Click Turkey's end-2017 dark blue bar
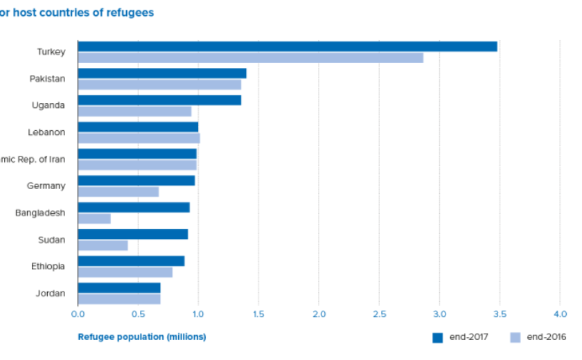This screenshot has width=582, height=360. point(287,46)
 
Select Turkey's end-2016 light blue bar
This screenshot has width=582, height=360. point(250,57)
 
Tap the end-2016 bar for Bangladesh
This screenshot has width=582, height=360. point(94,219)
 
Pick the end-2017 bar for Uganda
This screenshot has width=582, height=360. point(159,100)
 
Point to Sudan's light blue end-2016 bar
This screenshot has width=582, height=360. point(103,245)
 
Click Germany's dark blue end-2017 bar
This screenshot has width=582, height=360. point(136,181)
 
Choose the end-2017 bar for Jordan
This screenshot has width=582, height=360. point(119,288)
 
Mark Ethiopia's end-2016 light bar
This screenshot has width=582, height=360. point(125,272)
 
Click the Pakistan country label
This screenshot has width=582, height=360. point(47,79)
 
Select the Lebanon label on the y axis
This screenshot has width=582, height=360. point(47,132)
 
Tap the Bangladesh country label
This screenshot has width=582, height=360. point(40,213)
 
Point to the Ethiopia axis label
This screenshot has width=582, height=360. point(48,267)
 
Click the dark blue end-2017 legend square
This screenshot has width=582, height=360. point(437,338)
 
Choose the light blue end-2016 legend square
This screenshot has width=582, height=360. point(515,338)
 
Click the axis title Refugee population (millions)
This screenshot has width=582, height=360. point(141,337)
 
